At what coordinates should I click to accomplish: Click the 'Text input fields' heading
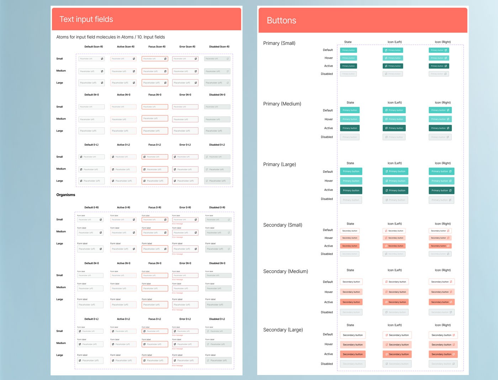point(86,19)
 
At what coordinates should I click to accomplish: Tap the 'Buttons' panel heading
point(281,21)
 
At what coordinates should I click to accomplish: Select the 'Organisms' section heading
point(66,195)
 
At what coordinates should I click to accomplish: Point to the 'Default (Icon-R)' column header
point(94,47)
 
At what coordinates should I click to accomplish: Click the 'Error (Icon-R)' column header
point(187,47)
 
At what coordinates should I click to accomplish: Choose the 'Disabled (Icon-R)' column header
point(219,47)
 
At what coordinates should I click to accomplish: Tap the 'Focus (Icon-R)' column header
point(157,47)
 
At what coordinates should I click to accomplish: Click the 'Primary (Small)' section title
point(279,43)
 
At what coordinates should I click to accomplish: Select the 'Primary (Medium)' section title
point(282,104)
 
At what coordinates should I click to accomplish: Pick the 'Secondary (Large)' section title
point(283,330)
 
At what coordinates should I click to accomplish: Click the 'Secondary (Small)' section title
point(282,225)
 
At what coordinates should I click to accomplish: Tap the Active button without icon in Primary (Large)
point(351,191)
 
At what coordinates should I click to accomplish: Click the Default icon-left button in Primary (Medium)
point(394,110)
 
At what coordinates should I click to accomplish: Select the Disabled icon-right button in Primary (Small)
point(439,74)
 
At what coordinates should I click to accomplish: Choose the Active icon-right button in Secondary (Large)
point(443,354)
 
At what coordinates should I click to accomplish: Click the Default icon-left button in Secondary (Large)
point(397,335)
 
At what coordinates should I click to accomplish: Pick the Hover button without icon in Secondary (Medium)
point(351,292)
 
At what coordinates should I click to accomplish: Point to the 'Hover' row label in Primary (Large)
point(328,181)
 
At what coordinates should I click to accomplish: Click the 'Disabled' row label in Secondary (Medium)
point(327,312)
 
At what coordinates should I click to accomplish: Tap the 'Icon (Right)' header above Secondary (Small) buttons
point(443,224)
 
